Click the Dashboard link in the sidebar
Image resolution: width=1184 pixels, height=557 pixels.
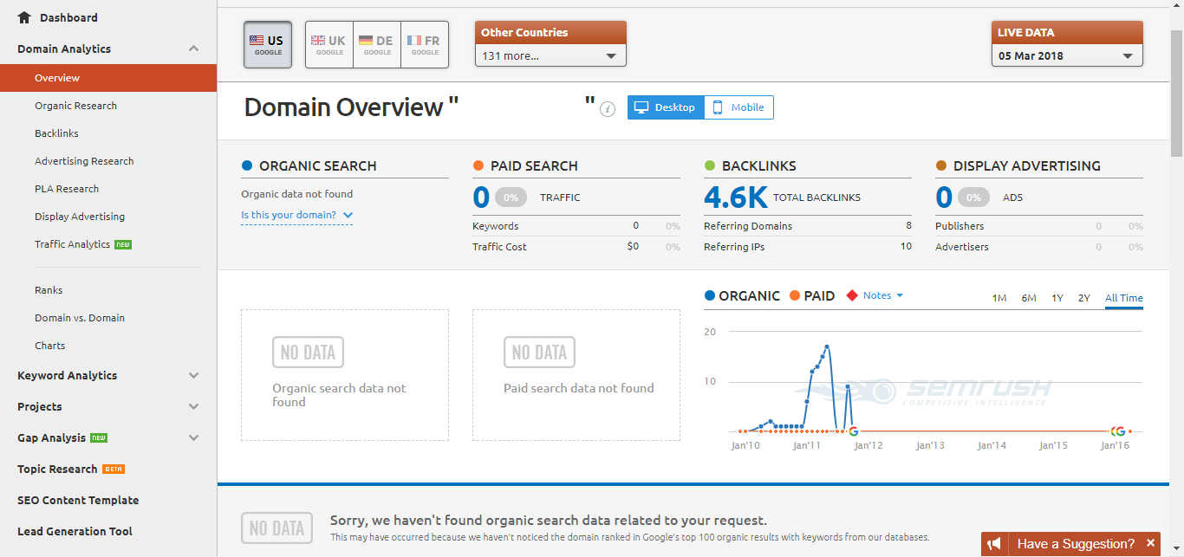pyautogui.click(x=57, y=17)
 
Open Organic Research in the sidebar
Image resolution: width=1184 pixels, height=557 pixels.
pyautogui.click(x=75, y=106)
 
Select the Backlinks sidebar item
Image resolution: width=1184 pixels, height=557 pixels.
pyautogui.click(x=56, y=133)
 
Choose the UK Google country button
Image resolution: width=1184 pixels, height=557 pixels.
pyautogui.click(x=329, y=44)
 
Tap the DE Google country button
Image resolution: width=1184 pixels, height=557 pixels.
pyautogui.click(x=377, y=44)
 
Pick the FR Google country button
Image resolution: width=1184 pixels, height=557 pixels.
pyautogui.click(x=425, y=44)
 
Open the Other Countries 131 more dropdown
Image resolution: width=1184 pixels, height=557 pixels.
pyautogui.click(x=550, y=55)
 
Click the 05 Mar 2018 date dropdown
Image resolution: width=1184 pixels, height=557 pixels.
pyautogui.click(x=1067, y=55)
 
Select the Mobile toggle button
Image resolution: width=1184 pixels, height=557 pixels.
pyautogui.click(x=739, y=107)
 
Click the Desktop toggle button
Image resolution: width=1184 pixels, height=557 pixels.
pyautogui.click(x=666, y=107)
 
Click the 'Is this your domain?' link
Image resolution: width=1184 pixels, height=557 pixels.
pyautogui.click(x=296, y=215)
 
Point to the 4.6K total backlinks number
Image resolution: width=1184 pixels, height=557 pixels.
pyautogui.click(x=735, y=198)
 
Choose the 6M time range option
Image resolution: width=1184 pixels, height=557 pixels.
pyautogui.click(x=1029, y=298)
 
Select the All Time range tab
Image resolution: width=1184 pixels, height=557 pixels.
pyautogui.click(x=1123, y=298)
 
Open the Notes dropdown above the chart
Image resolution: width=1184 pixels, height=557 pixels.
pyautogui.click(x=882, y=295)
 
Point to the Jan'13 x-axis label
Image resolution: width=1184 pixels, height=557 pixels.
pyautogui.click(x=930, y=445)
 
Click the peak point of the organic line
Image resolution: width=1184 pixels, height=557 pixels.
pyautogui.click(x=827, y=347)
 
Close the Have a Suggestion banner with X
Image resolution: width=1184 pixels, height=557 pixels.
pyautogui.click(x=1150, y=543)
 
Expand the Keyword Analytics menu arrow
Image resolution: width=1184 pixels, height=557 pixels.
pyautogui.click(x=194, y=375)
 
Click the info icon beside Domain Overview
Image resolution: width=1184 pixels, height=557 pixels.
pyautogui.click(x=608, y=109)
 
